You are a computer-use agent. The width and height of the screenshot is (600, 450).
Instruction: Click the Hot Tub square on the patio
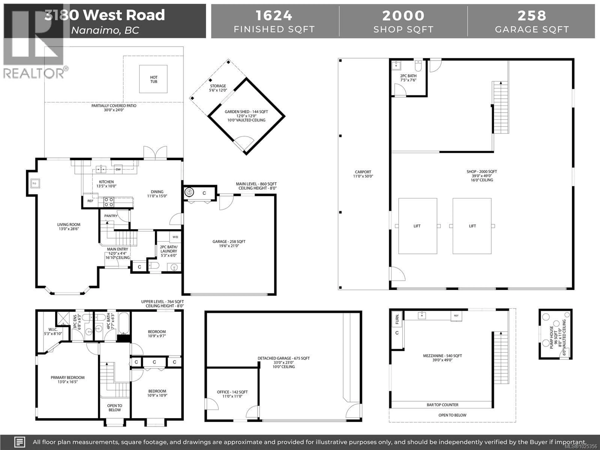(x=153, y=79)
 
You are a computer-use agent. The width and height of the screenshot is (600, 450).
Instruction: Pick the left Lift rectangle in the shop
(x=417, y=226)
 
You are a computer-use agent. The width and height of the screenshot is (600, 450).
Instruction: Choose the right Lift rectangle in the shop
(x=472, y=226)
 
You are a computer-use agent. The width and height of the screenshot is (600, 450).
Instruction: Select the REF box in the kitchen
(x=90, y=201)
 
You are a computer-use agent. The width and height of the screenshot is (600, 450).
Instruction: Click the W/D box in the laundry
(x=175, y=237)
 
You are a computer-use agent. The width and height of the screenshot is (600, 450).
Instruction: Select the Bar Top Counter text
(x=442, y=405)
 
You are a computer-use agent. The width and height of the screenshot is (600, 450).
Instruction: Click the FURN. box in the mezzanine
(x=397, y=319)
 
